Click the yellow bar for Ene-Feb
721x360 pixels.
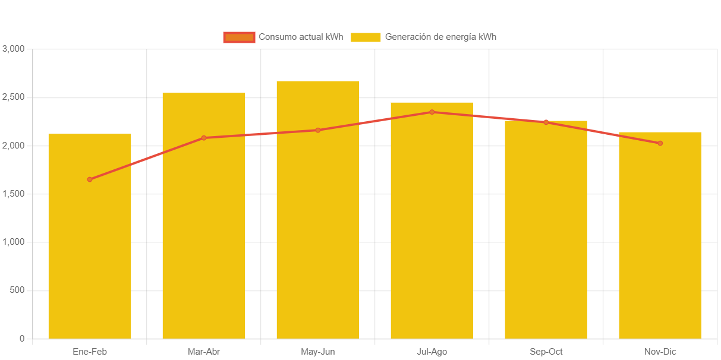tap(89, 238)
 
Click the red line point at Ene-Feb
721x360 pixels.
tap(90, 179)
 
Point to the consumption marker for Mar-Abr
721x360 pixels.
tap(204, 138)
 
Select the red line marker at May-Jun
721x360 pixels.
tap(318, 130)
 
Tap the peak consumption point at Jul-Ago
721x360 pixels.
tap(432, 112)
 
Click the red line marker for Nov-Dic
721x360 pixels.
tap(660, 143)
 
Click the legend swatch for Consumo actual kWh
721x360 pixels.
tap(239, 37)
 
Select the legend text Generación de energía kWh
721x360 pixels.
tap(440, 37)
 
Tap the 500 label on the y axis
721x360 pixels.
tap(18, 290)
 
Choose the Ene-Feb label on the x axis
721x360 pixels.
tap(89, 352)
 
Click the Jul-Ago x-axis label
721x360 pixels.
tap(432, 352)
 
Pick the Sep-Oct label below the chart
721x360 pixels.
tap(546, 352)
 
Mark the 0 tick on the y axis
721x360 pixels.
tap(22, 339)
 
